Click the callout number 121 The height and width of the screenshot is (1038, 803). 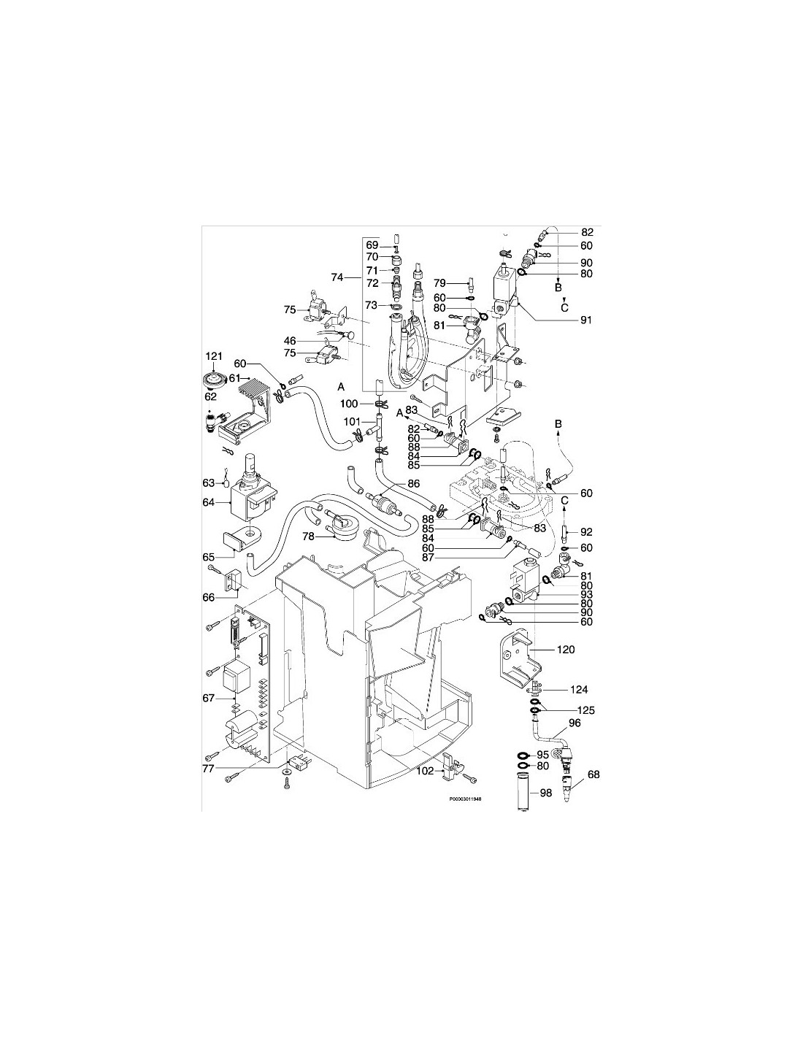(214, 356)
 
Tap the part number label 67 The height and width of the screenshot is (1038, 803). (208, 699)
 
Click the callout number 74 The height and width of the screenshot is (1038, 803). (337, 277)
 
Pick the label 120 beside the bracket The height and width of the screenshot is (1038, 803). (566, 650)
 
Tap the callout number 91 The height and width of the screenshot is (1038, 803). (585, 320)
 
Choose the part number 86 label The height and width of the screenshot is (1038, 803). (414, 483)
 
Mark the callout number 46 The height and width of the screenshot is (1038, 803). (290, 341)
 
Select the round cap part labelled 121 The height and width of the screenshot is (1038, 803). (212, 381)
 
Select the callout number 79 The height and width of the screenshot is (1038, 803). (439, 282)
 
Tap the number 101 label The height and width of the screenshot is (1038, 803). (353, 422)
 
